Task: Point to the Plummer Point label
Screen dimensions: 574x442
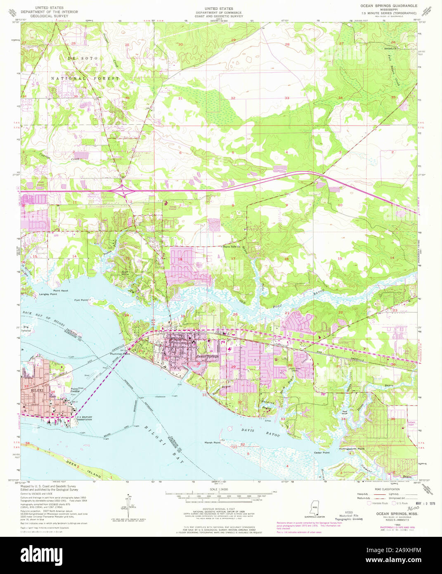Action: [x=120, y=354]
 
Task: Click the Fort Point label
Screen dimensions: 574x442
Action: [x=81, y=300]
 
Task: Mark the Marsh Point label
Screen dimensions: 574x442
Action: [x=213, y=442]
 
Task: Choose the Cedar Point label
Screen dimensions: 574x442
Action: [x=322, y=453]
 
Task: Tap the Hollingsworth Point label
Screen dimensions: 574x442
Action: [x=352, y=448]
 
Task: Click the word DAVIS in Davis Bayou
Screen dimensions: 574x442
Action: [x=248, y=430]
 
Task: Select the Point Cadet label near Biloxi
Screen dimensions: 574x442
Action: [x=74, y=390]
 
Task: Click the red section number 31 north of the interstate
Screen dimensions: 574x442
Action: [x=180, y=98]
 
